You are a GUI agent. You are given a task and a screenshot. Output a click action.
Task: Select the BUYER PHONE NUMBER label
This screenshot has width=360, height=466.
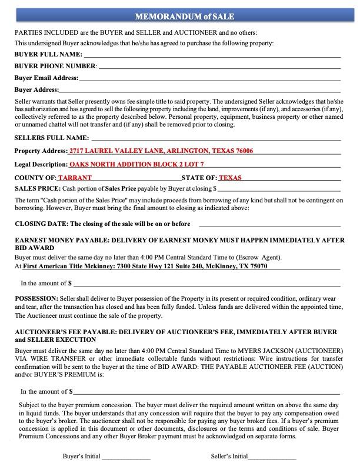55,66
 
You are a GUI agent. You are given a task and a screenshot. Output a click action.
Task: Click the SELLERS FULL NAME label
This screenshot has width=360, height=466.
51,138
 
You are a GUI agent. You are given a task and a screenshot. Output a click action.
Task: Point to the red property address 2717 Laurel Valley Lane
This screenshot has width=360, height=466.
161,151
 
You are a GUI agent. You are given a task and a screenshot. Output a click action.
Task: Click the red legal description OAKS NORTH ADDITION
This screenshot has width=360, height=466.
136,165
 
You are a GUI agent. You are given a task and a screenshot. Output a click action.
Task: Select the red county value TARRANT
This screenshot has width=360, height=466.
75,178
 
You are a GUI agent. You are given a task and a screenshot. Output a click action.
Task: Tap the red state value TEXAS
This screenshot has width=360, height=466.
230,178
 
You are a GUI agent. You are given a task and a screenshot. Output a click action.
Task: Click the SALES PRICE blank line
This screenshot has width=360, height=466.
279,190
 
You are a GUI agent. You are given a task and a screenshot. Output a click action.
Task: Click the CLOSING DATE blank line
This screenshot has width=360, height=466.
269,225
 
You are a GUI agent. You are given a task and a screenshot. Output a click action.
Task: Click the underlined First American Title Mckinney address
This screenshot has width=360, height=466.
145,267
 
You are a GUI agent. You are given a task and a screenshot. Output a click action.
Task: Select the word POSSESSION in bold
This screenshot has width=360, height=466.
36,299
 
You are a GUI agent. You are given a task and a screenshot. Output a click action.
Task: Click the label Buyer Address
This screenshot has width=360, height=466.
36,90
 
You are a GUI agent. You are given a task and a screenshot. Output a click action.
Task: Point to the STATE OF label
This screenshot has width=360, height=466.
199,178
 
